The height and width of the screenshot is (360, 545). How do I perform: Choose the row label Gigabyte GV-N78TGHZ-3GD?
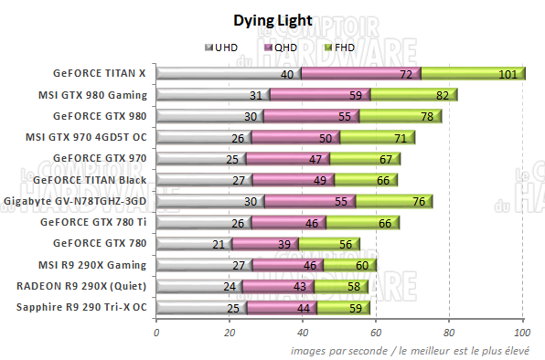click(x=76, y=200)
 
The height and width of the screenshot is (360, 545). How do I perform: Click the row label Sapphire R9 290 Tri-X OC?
click(x=81, y=306)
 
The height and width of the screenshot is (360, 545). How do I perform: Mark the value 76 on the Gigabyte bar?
click(x=417, y=201)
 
